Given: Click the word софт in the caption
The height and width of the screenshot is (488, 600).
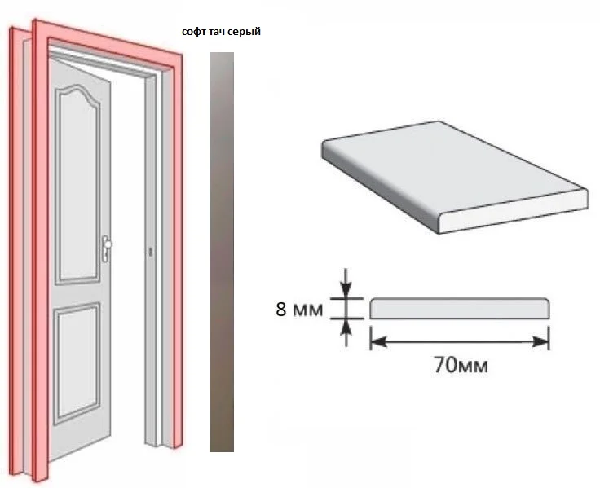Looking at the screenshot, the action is coord(195,31).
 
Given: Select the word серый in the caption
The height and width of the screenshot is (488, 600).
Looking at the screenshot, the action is coord(246,33).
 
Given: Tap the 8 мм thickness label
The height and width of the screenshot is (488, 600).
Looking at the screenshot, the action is coord(299,309).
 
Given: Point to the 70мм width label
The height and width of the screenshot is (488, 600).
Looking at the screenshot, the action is coord(461,364).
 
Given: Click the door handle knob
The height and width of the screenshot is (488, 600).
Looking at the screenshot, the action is coord(108,244).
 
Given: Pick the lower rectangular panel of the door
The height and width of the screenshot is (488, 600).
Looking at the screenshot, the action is coord(77,363).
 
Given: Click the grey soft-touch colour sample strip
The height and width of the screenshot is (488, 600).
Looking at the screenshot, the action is coord(222,252).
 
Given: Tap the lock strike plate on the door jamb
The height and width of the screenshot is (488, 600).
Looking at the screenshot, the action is coord(150,252).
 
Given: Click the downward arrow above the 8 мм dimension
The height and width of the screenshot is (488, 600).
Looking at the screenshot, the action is coord(346,283).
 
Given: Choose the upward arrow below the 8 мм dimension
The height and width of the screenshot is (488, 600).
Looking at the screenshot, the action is coord(346,332).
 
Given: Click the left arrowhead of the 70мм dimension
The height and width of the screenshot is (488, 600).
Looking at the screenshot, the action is coord(379,342).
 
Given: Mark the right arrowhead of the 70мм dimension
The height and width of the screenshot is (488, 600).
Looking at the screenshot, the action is coord(540,342).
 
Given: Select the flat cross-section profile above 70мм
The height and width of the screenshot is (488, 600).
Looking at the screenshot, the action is coord(460,308).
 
